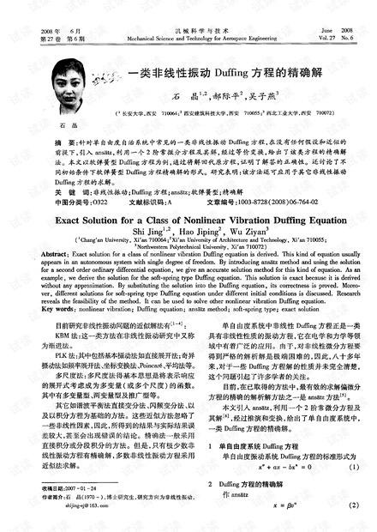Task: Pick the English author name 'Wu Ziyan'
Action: click(x=248, y=232)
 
